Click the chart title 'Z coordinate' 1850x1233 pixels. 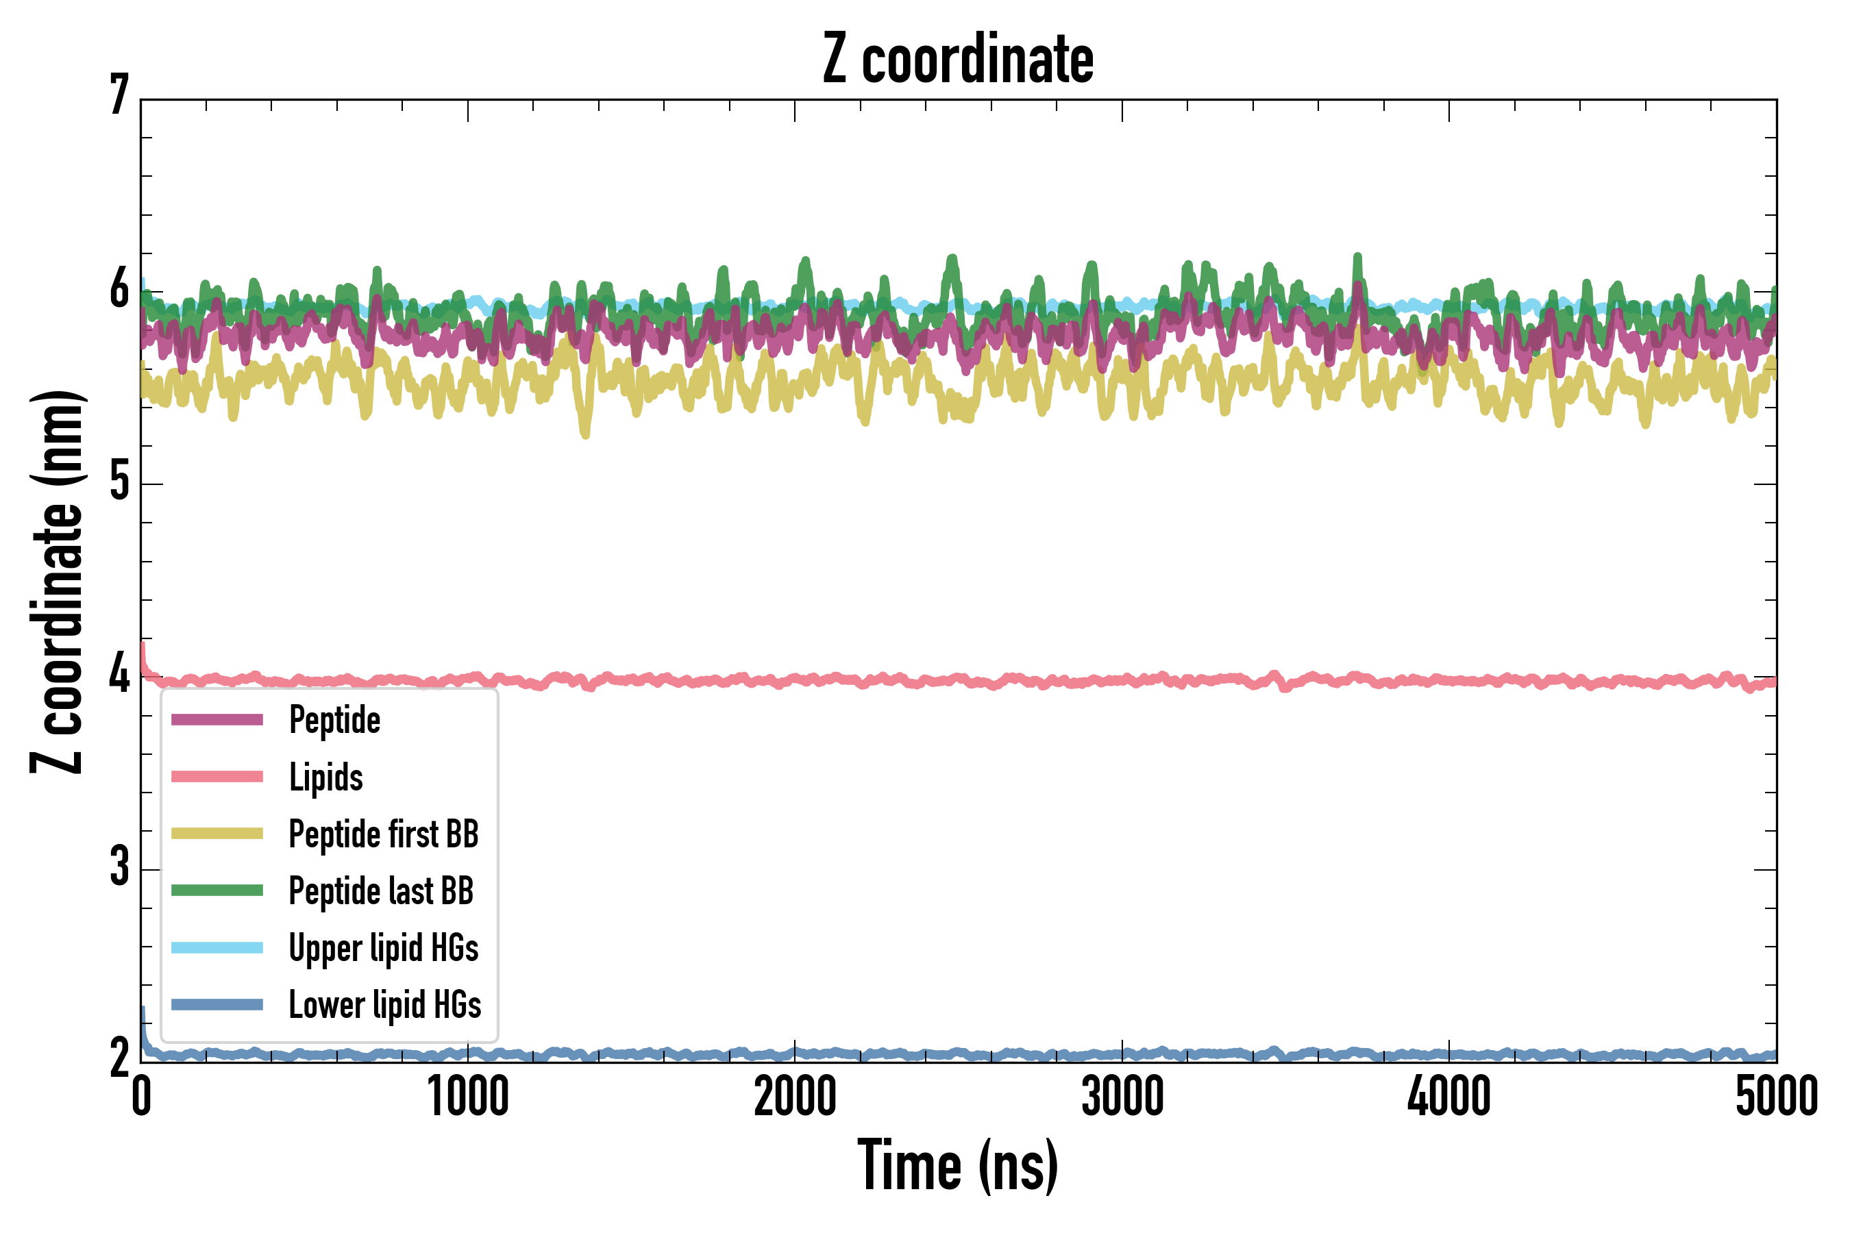point(957,60)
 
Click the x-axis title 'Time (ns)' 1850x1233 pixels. point(957,1165)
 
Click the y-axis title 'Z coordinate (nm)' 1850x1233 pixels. point(57,581)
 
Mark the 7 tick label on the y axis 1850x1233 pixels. point(119,96)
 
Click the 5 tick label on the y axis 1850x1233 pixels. point(119,482)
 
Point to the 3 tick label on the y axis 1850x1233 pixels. point(119,867)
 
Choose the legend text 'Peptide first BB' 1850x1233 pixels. point(384,834)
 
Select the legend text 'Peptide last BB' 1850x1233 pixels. point(382,891)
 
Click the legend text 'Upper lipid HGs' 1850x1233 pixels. point(384,947)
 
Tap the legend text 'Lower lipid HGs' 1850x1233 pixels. point(385,1005)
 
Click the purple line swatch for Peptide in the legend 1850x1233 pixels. point(217,719)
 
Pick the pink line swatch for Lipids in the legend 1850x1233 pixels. point(217,777)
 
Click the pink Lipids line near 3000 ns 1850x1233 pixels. point(1122,680)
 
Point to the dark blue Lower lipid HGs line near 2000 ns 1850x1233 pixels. point(794,1052)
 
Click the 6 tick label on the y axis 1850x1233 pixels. point(119,289)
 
